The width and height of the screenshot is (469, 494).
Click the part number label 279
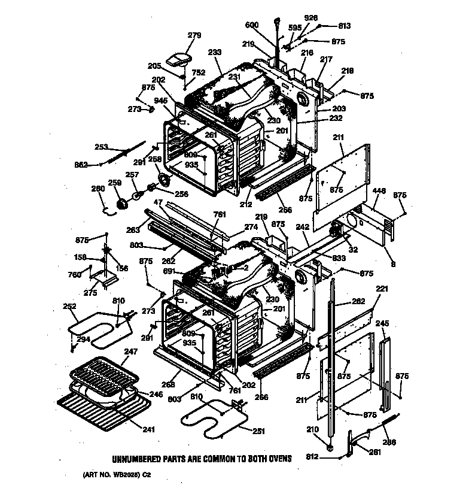[178, 35]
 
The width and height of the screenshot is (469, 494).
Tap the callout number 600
[252, 25]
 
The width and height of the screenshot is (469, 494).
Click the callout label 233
[215, 52]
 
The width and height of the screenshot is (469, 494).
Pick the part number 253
[102, 147]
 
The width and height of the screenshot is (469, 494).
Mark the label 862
[81, 165]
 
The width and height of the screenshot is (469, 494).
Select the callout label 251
[259, 431]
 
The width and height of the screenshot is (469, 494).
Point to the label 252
[70, 306]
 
